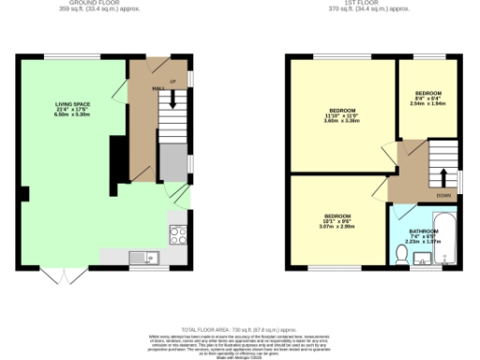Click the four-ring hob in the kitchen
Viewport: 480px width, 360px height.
(176, 232)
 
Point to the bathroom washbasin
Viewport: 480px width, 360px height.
(420, 260)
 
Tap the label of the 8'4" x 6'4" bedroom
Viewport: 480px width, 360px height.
(428, 98)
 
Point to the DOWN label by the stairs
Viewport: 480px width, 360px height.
(442, 195)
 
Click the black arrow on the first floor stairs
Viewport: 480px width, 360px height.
(442, 176)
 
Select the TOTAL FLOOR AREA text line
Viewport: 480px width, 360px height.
(240, 329)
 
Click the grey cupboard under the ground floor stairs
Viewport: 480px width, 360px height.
(171, 161)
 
